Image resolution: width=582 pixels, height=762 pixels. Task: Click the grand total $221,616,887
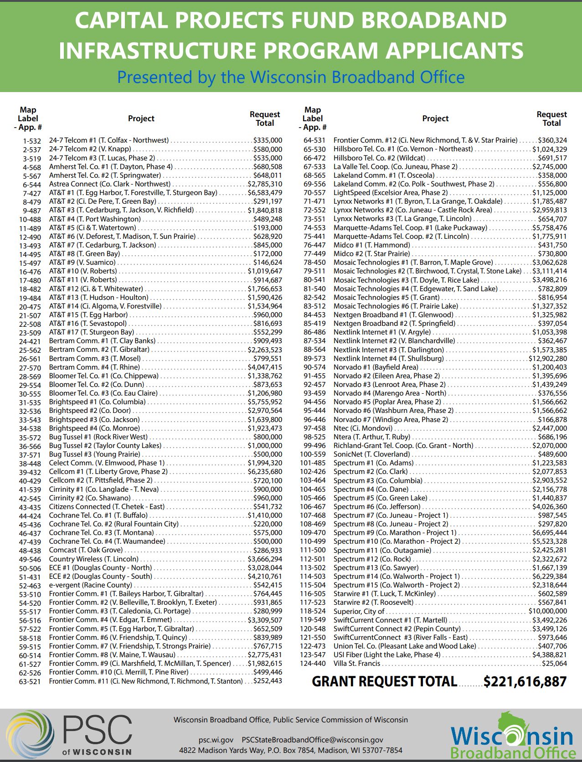[x=525, y=682]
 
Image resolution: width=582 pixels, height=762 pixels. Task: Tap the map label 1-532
[x=32, y=141]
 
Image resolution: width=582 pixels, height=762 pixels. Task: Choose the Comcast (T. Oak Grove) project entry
[x=86, y=550]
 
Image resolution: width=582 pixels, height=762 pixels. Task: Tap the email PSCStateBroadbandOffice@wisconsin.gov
[x=312, y=740]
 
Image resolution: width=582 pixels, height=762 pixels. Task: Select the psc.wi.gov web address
[x=216, y=740]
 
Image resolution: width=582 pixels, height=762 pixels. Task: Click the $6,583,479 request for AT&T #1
[x=265, y=193]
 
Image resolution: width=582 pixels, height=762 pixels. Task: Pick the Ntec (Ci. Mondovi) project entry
[x=363, y=428]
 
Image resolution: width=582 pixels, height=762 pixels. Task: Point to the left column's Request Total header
[x=264, y=118]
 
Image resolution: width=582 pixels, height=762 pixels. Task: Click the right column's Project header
[x=435, y=118]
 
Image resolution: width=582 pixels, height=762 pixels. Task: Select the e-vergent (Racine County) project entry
[x=90, y=585]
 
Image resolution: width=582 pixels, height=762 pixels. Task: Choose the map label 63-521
[x=30, y=682]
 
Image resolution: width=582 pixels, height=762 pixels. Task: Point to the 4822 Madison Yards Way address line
[x=290, y=750]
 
